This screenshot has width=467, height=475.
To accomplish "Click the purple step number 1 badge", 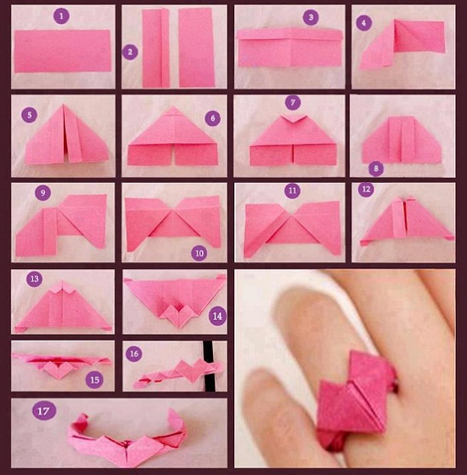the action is (61, 16).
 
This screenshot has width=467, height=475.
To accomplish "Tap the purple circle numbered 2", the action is (130, 52).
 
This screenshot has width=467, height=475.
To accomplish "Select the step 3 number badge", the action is (311, 17).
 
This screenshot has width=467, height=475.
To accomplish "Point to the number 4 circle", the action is (364, 22).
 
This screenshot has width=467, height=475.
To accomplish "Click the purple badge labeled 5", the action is (30, 115).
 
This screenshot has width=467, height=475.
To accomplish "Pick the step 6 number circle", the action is (212, 118).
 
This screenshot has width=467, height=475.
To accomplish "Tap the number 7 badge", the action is (293, 103).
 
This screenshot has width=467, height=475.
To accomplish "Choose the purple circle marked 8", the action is (376, 169).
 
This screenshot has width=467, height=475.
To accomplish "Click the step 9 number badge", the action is (43, 192).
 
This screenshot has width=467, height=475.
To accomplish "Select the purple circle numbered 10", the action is (199, 253).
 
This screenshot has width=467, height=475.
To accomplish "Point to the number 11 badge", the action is (292, 191).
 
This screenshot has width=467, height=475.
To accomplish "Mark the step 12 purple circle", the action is (366, 189).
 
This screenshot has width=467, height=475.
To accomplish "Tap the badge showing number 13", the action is (34, 278).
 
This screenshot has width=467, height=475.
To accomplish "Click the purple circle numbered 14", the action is (217, 316).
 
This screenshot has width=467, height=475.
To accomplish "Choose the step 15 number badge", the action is (95, 380).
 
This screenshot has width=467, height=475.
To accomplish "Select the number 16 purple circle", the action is (134, 353).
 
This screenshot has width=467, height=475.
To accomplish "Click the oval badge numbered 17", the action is (44, 411).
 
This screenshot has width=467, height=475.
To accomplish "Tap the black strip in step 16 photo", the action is (209, 366).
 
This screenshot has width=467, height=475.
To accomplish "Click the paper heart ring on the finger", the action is (355, 400).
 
